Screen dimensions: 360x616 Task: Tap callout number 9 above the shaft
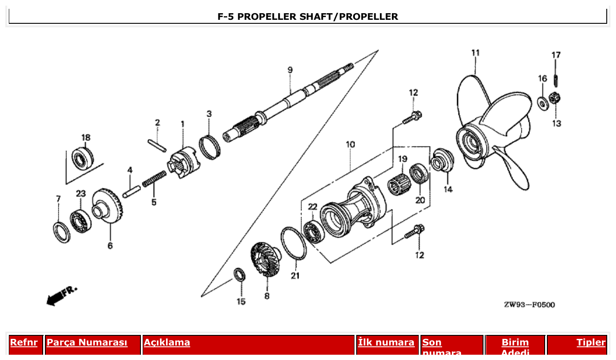[x=290, y=70]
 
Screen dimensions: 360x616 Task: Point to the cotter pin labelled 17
[x=556, y=81]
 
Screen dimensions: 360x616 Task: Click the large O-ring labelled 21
[x=293, y=243]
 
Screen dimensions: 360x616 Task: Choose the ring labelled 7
[x=61, y=232]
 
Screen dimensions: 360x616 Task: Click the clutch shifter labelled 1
[x=184, y=163]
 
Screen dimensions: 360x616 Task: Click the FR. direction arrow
[x=61, y=297]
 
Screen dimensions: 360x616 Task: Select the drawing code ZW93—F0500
[x=529, y=305]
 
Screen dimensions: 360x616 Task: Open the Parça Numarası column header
[x=87, y=342]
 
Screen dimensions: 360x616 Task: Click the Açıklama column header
[x=167, y=342]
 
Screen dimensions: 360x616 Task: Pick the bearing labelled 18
[x=83, y=158]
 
